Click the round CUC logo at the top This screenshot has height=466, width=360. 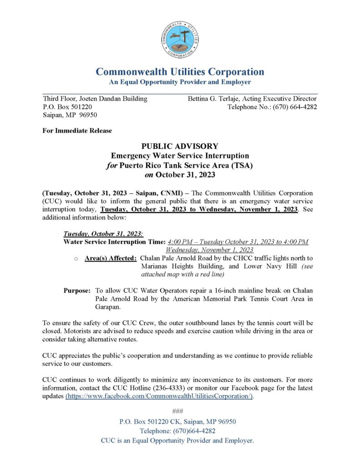180,40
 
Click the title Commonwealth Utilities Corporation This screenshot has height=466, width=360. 180,72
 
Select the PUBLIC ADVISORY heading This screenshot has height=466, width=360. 180,146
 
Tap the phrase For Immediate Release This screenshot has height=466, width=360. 77,131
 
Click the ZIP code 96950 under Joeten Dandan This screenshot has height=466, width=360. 87,115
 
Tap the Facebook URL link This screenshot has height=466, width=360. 159,396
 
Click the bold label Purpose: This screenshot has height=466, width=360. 77,290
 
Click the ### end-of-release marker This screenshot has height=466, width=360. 180,412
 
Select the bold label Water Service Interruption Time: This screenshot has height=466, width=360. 114,242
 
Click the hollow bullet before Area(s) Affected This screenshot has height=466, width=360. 76,259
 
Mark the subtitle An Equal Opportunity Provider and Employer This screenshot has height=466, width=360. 180,82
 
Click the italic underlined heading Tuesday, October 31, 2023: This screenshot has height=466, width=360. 103,233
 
